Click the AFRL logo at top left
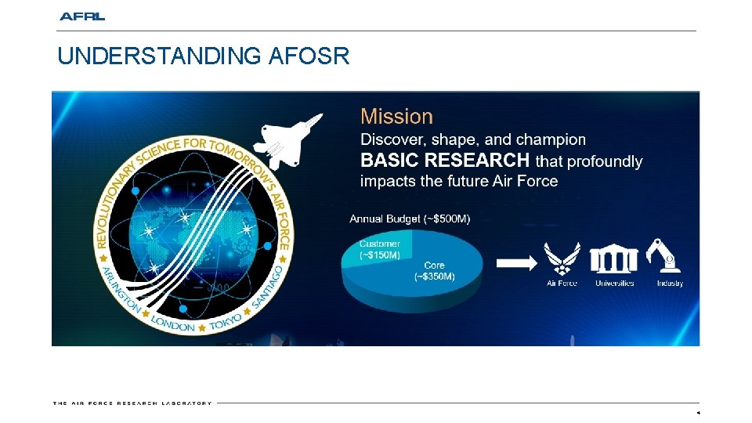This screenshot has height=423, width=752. [82, 16]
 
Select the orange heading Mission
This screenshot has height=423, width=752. [396, 117]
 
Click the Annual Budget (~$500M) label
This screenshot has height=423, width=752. [410, 219]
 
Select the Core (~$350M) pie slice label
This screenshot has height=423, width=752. [434, 271]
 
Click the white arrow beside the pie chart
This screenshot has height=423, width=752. [512, 262]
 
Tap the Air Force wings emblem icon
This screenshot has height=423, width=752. [562, 258]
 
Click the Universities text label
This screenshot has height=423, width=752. [615, 284]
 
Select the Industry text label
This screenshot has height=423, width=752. [670, 284]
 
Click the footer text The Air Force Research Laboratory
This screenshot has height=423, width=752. [132, 403]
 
